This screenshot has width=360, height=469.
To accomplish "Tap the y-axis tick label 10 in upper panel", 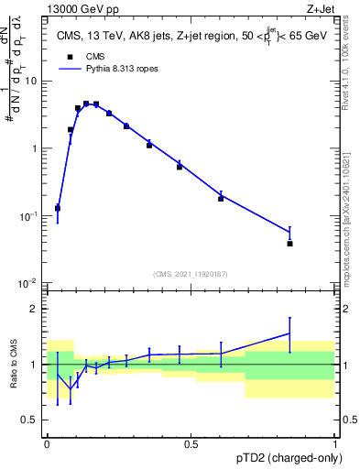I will point(31,82).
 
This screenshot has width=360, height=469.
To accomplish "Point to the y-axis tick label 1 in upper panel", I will point(35,148).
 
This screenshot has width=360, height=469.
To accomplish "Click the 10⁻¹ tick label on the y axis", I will point(29,215).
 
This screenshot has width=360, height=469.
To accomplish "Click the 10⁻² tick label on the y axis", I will point(29,283).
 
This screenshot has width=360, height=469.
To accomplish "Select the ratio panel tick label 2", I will point(35,309).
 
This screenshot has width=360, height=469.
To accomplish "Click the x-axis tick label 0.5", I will point(191,444).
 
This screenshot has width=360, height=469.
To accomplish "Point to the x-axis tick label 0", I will point(47,444).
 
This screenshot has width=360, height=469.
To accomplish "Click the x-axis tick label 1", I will point(336,444).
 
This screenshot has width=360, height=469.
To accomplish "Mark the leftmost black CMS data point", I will point(58,208).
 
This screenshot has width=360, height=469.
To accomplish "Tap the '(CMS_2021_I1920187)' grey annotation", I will point(191,272).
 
